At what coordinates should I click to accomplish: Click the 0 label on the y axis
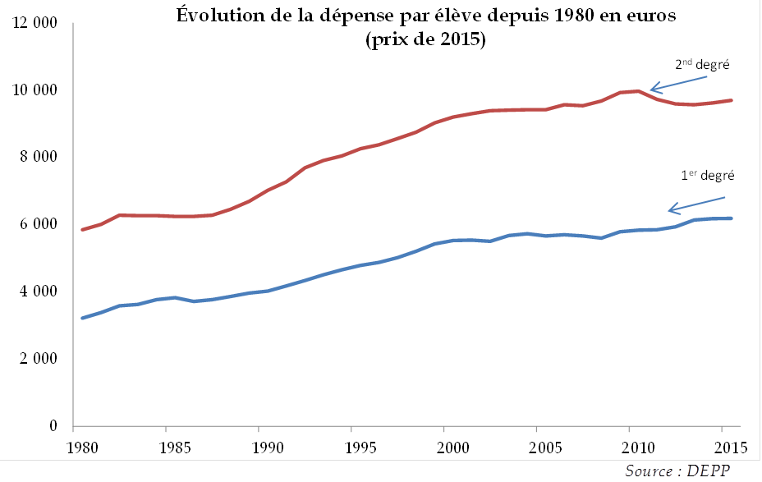click(x=52, y=426)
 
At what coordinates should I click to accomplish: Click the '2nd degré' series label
click(x=702, y=65)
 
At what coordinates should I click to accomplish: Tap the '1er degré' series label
click(x=707, y=175)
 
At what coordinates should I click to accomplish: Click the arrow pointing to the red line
click(x=678, y=83)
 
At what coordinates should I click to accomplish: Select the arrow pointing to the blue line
click(x=696, y=203)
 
